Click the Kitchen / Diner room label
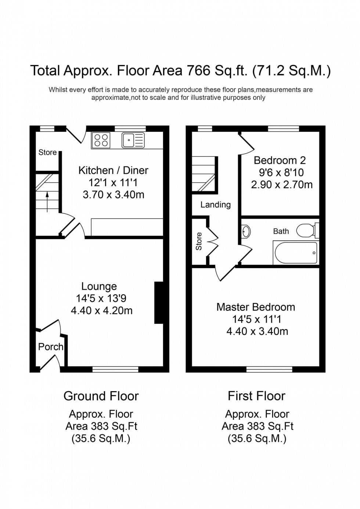pos(113,170)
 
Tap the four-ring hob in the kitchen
pos(101,140)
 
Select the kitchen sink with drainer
pos(133,140)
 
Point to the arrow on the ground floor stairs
pos(47,202)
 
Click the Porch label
pos(51,347)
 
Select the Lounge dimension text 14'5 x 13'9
pos(101,298)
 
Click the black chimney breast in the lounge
pos(159,303)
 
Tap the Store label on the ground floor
pos(47,152)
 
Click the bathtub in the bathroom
pos(295,253)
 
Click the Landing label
pos(215,205)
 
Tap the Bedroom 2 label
pos(280,160)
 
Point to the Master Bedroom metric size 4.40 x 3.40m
pos(257,331)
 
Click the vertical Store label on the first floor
pos(199,241)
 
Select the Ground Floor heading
pos(101,396)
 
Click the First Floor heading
pos(256,396)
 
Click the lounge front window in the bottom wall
pos(115,369)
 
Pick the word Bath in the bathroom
pos(281,231)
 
